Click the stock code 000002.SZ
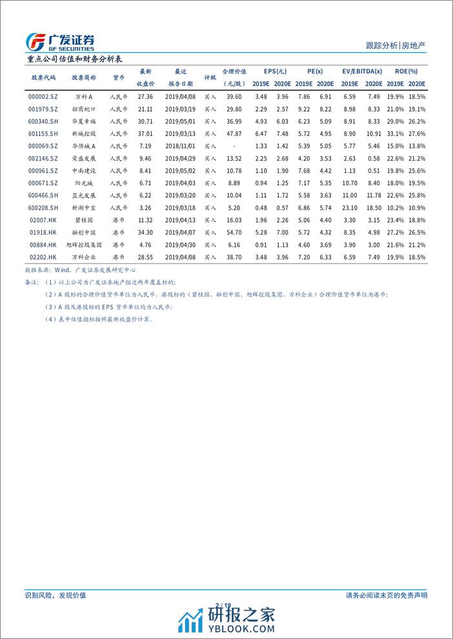(x=43, y=96)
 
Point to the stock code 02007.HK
(x=43, y=219)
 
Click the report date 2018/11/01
(x=180, y=146)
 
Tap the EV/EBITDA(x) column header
(x=361, y=71)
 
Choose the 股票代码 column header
(x=43, y=77)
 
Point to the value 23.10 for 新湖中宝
(x=349, y=207)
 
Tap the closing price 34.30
(x=145, y=231)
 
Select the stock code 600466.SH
(x=43, y=195)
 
